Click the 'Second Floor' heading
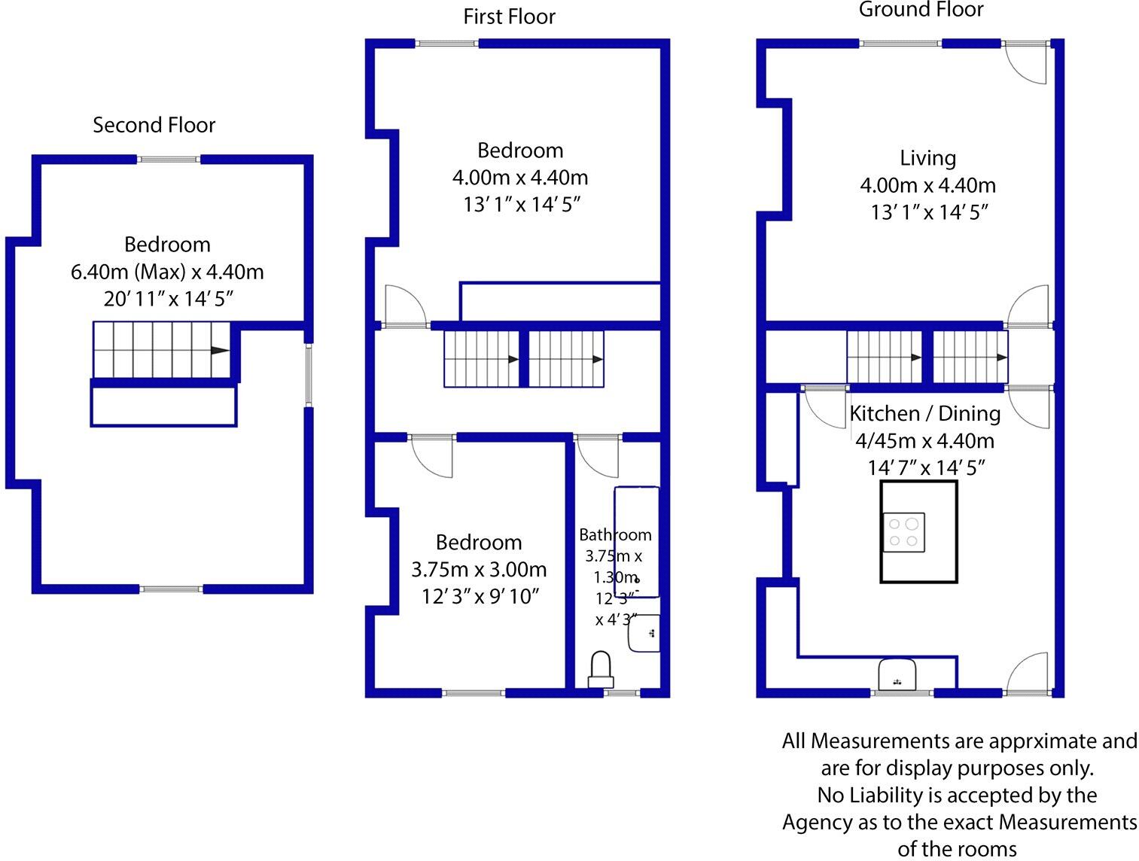[x=154, y=125]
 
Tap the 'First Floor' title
[x=509, y=17]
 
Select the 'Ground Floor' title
[x=921, y=10]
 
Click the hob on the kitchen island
[x=903, y=532]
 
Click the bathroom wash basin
[x=644, y=633]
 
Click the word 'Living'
[x=927, y=158]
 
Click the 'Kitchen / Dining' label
[x=924, y=413]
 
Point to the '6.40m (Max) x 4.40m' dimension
[x=167, y=272]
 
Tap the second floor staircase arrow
[x=219, y=350]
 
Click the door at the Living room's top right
[x=1028, y=64]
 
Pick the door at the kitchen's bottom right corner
[x=1028, y=672]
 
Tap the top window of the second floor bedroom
[x=169, y=159]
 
